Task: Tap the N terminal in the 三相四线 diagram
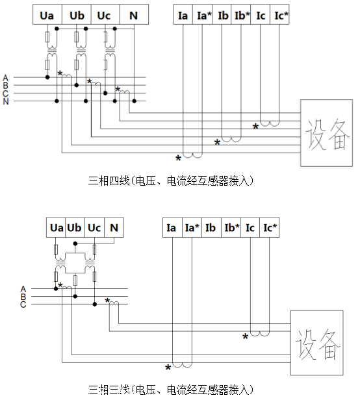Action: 134,15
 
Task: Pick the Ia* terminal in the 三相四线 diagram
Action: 204,15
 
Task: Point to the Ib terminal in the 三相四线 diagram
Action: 223,15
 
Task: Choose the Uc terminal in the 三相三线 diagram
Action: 94,228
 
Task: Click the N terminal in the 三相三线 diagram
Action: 114,228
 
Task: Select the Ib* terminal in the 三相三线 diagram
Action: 231,228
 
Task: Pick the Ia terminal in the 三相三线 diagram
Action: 172,228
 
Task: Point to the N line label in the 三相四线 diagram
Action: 6,101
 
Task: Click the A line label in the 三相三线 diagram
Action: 24,288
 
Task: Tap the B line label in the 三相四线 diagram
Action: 6,85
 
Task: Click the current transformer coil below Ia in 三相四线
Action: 192,155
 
